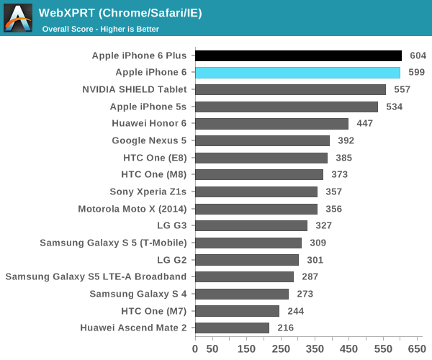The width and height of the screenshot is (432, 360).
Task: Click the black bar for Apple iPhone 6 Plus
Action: click(x=298, y=55)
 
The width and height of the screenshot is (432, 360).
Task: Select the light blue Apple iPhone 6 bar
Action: click(x=297, y=73)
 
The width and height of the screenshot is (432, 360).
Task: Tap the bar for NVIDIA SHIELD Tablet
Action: click(x=290, y=89)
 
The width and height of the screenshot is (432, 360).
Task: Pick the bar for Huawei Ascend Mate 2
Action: click(x=232, y=328)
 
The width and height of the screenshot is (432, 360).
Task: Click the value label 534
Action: click(x=394, y=107)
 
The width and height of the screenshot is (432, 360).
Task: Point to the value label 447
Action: click(x=364, y=124)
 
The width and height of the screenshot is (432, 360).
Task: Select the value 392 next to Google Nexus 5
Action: click(x=346, y=140)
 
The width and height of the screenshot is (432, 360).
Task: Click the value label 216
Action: click(x=285, y=328)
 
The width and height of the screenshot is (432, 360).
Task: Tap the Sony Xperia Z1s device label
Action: click(x=148, y=192)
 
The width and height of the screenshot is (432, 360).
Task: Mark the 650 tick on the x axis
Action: click(x=417, y=348)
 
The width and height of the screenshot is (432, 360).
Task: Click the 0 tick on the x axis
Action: click(x=195, y=348)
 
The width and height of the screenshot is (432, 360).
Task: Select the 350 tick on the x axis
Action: click(x=315, y=348)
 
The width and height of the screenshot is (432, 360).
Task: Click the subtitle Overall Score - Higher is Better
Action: click(x=101, y=29)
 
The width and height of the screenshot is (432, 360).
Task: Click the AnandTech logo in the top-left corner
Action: click(x=17, y=18)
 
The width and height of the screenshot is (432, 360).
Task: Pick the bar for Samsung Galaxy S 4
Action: click(x=242, y=294)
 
